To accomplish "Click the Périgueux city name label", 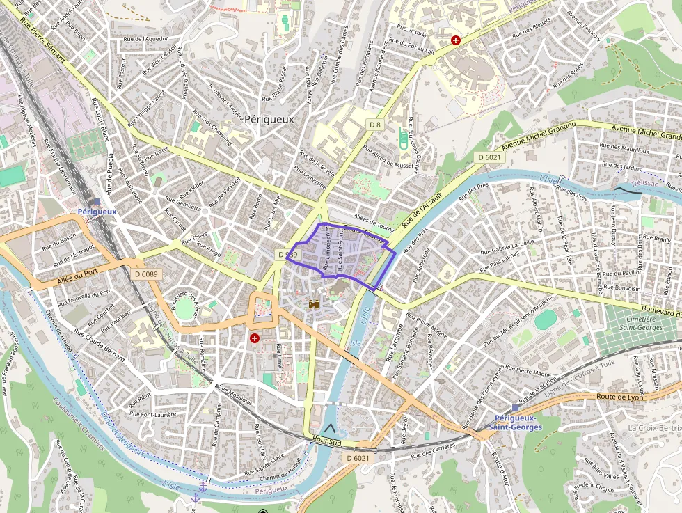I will tap(269, 119).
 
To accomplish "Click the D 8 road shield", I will tap(375, 125).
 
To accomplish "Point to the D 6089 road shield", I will tap(146, 274).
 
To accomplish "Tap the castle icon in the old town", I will tap(314, 304).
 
